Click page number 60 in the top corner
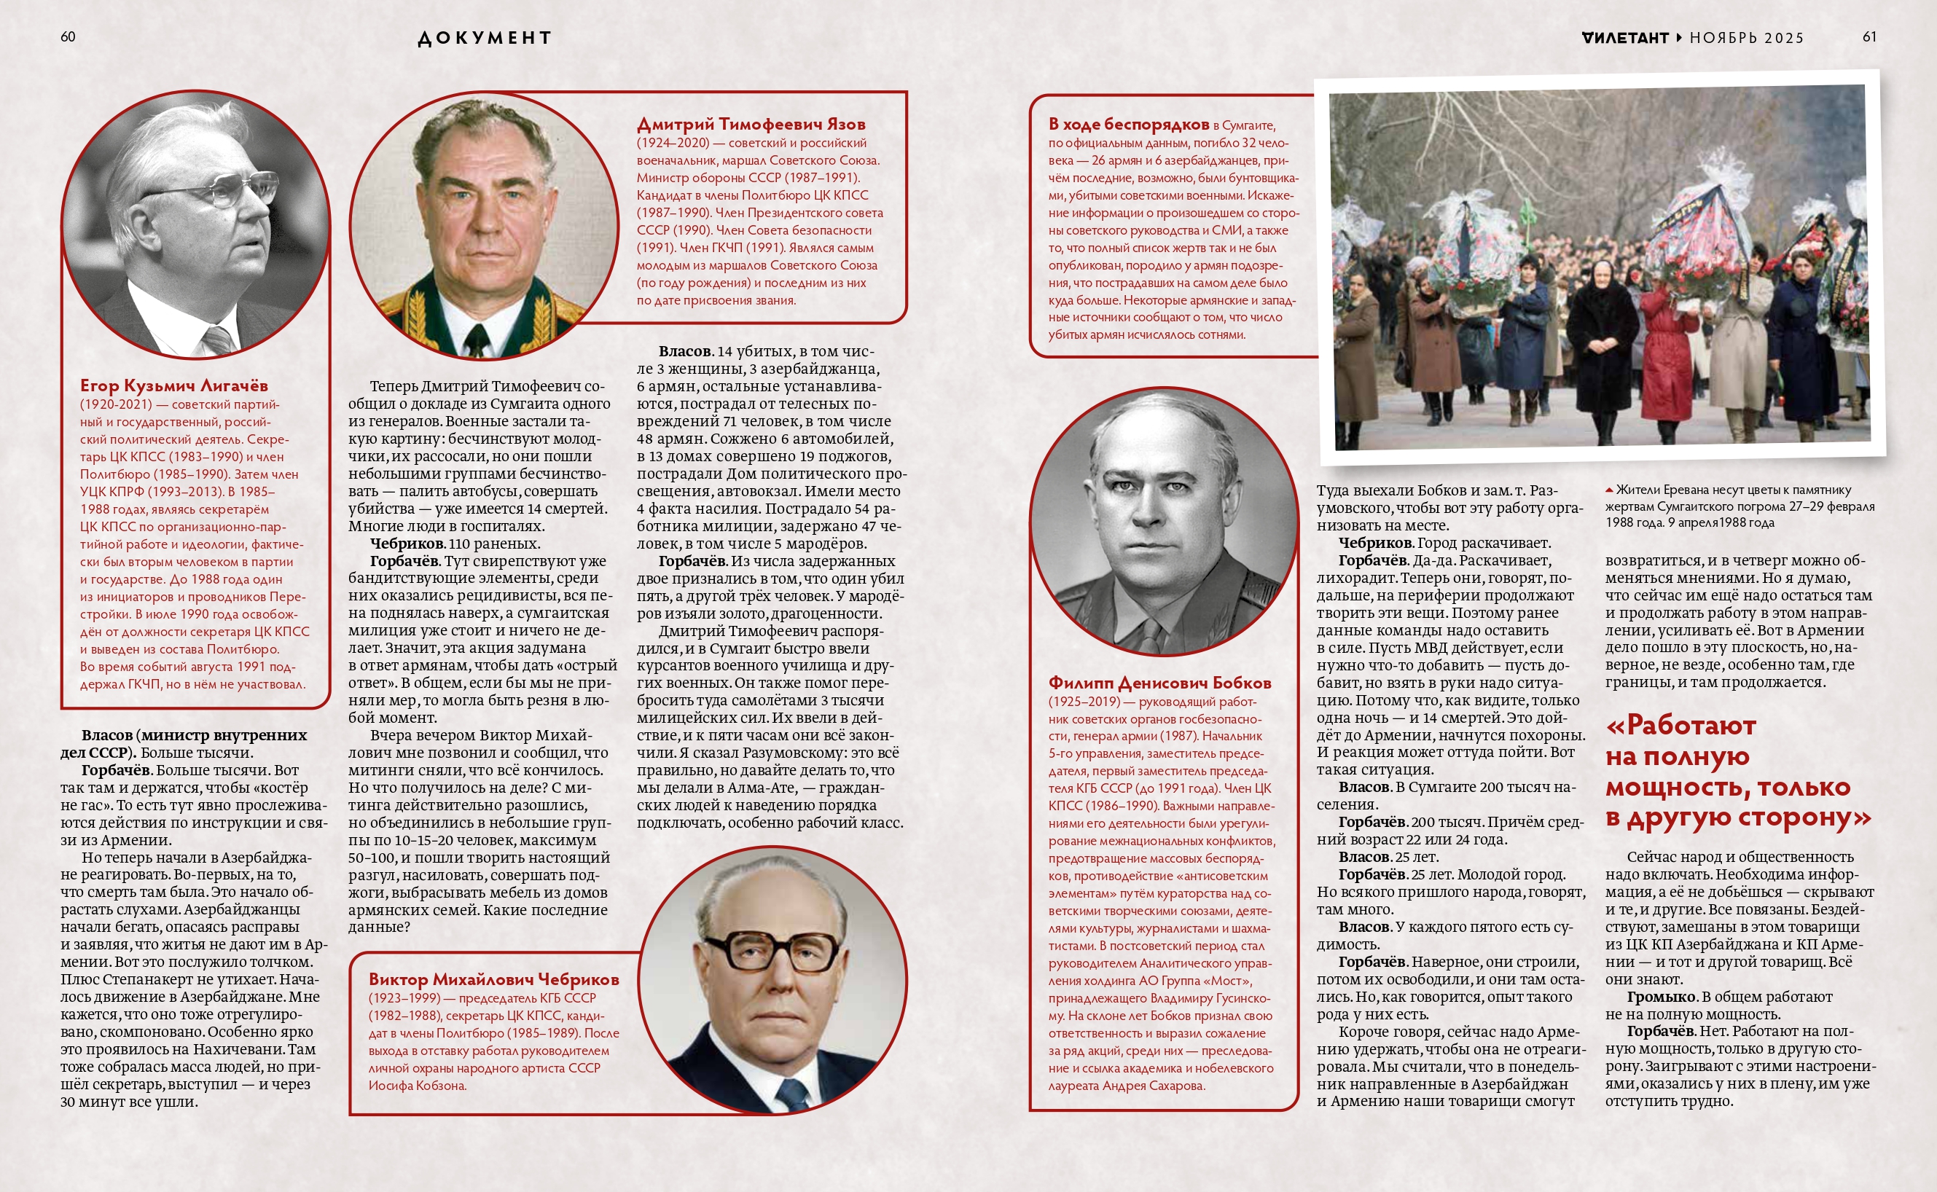68,37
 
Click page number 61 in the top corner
1869,37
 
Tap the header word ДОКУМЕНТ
484,38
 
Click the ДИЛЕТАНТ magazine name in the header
1625,38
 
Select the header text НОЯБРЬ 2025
1746,38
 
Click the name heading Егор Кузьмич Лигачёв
173,385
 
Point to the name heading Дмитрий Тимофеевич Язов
751,124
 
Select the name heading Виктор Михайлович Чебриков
493,979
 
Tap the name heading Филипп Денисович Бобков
1159,683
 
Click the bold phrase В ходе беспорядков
1128,124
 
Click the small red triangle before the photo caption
1609,490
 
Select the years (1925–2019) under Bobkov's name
1084,702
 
